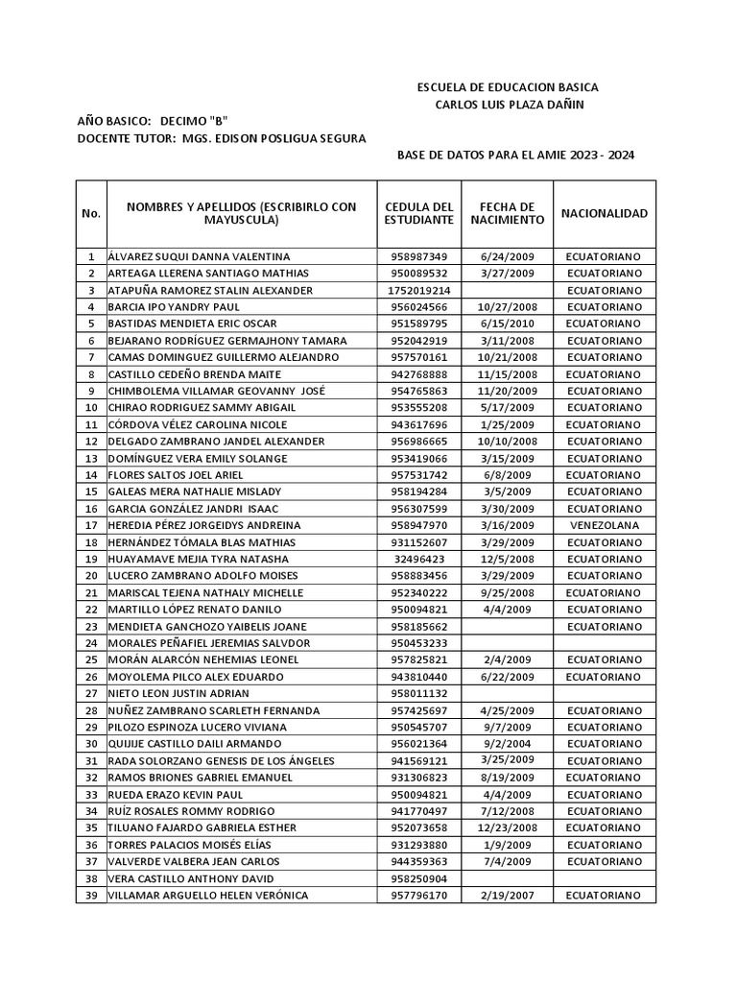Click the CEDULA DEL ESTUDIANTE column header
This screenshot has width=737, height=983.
tap(418, 213)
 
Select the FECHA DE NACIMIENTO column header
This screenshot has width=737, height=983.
tap(508, 213)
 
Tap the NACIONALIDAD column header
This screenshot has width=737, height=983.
tap(604, 213)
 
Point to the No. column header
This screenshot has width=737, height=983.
tap(91, 213)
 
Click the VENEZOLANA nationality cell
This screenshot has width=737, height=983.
tap(604, 525)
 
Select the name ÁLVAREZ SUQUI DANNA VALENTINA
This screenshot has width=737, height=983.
tap(199, 257)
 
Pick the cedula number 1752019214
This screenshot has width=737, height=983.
tap(418, 291)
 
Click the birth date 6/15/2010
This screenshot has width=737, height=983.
tap(508, 324)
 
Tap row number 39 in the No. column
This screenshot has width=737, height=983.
tap(91, 896)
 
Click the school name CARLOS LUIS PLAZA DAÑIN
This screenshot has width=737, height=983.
tap(508, 105)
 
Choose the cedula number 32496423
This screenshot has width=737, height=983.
tap(418, 559)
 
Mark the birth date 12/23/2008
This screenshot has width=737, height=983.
tap(508, 827)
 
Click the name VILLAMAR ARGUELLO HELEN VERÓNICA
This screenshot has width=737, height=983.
tap(208, 896)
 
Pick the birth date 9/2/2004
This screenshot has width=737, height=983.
tap(508, 744)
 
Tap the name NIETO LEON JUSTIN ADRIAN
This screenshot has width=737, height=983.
tap(178, 693)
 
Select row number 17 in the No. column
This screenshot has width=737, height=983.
tap(91, 525)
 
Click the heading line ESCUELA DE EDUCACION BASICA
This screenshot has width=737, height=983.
tap(508, 87)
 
